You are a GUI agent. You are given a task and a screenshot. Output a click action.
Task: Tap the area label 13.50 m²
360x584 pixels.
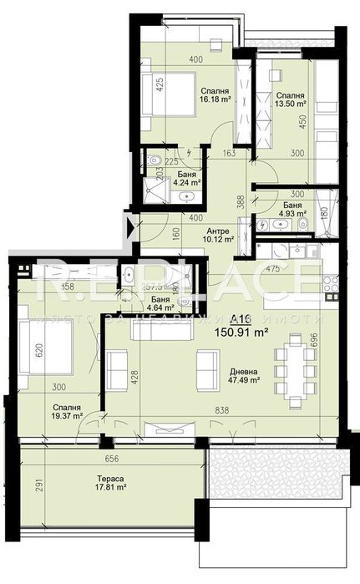coord(291,106)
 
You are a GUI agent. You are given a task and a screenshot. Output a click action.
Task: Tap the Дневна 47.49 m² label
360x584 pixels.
coord(242,378)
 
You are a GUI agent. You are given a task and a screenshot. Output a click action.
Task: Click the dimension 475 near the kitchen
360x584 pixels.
coord(271,269)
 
